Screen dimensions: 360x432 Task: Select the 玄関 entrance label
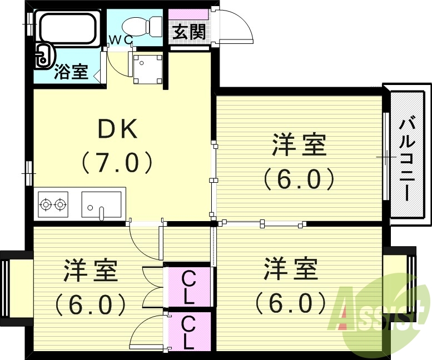click(x=189, y=32)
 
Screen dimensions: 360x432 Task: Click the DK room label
click(x=117, y=129)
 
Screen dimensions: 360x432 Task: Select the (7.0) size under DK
click(x=117, y=163)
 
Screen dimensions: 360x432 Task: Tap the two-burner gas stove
click(x=53, y=204)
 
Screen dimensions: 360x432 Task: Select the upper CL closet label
click(x=188, y=286)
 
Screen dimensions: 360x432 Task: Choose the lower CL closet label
click(x=188, y=332)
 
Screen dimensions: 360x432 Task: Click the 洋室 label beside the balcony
click(x=299, y=146)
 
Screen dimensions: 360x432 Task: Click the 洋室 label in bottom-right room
click(x=290, y=270)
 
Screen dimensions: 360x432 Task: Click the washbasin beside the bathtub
click(x=43, y=56)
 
